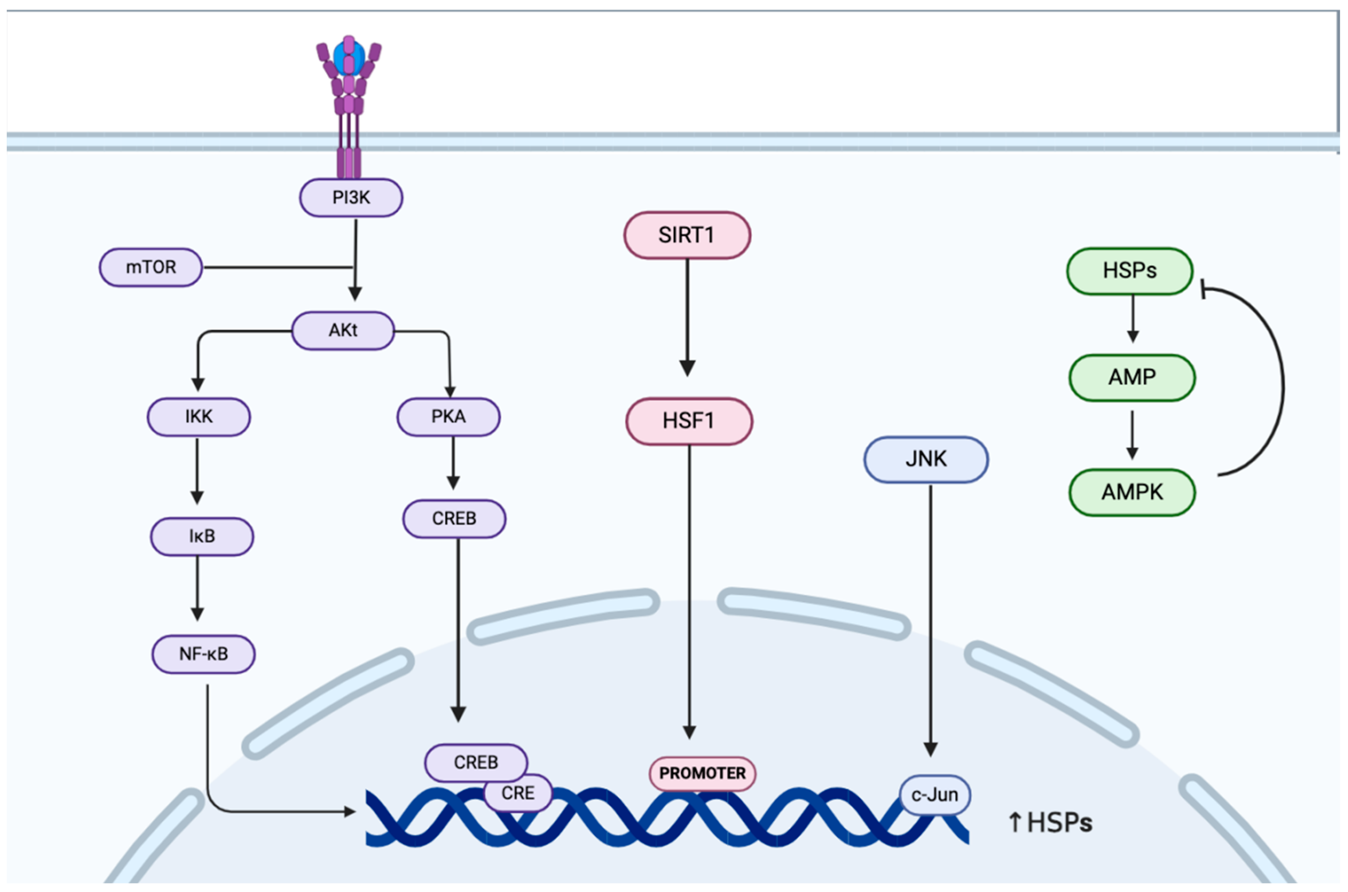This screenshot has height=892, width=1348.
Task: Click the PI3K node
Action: [x=351, y=198]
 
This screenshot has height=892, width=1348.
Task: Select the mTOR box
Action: [x=151, y=267]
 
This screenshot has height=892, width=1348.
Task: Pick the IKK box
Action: [x=198, y=416]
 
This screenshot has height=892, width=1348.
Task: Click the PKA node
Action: [x=449, y=416]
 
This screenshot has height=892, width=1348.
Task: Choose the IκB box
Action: [x=202, y=536]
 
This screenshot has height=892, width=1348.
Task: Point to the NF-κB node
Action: [x=203, y=654]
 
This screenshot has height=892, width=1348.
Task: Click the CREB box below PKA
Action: [x=454, y=518]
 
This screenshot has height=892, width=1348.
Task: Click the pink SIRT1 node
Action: [x=687, y=235]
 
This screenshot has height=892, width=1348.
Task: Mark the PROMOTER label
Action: [x=702, y=773]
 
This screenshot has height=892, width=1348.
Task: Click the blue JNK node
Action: [x=926, y=459]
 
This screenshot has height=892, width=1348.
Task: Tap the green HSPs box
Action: [x=1130, y=270]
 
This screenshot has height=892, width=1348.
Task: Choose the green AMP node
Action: [x=1132, y=377]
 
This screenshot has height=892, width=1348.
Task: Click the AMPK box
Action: [x=1132, y=492]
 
